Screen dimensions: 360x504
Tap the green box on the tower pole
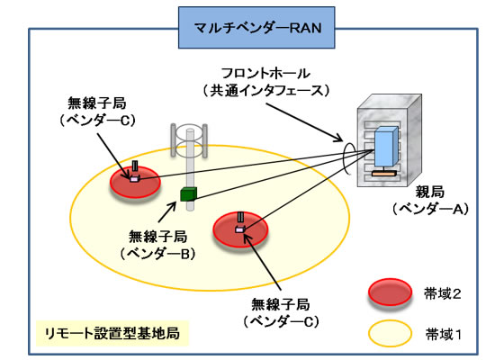pyautogui.click(x=188, y=194)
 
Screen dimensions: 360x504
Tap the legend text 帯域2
pyautogui.click(x=445, y=294)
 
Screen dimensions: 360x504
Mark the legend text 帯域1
pyautogui.click(x=445, y=334)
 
